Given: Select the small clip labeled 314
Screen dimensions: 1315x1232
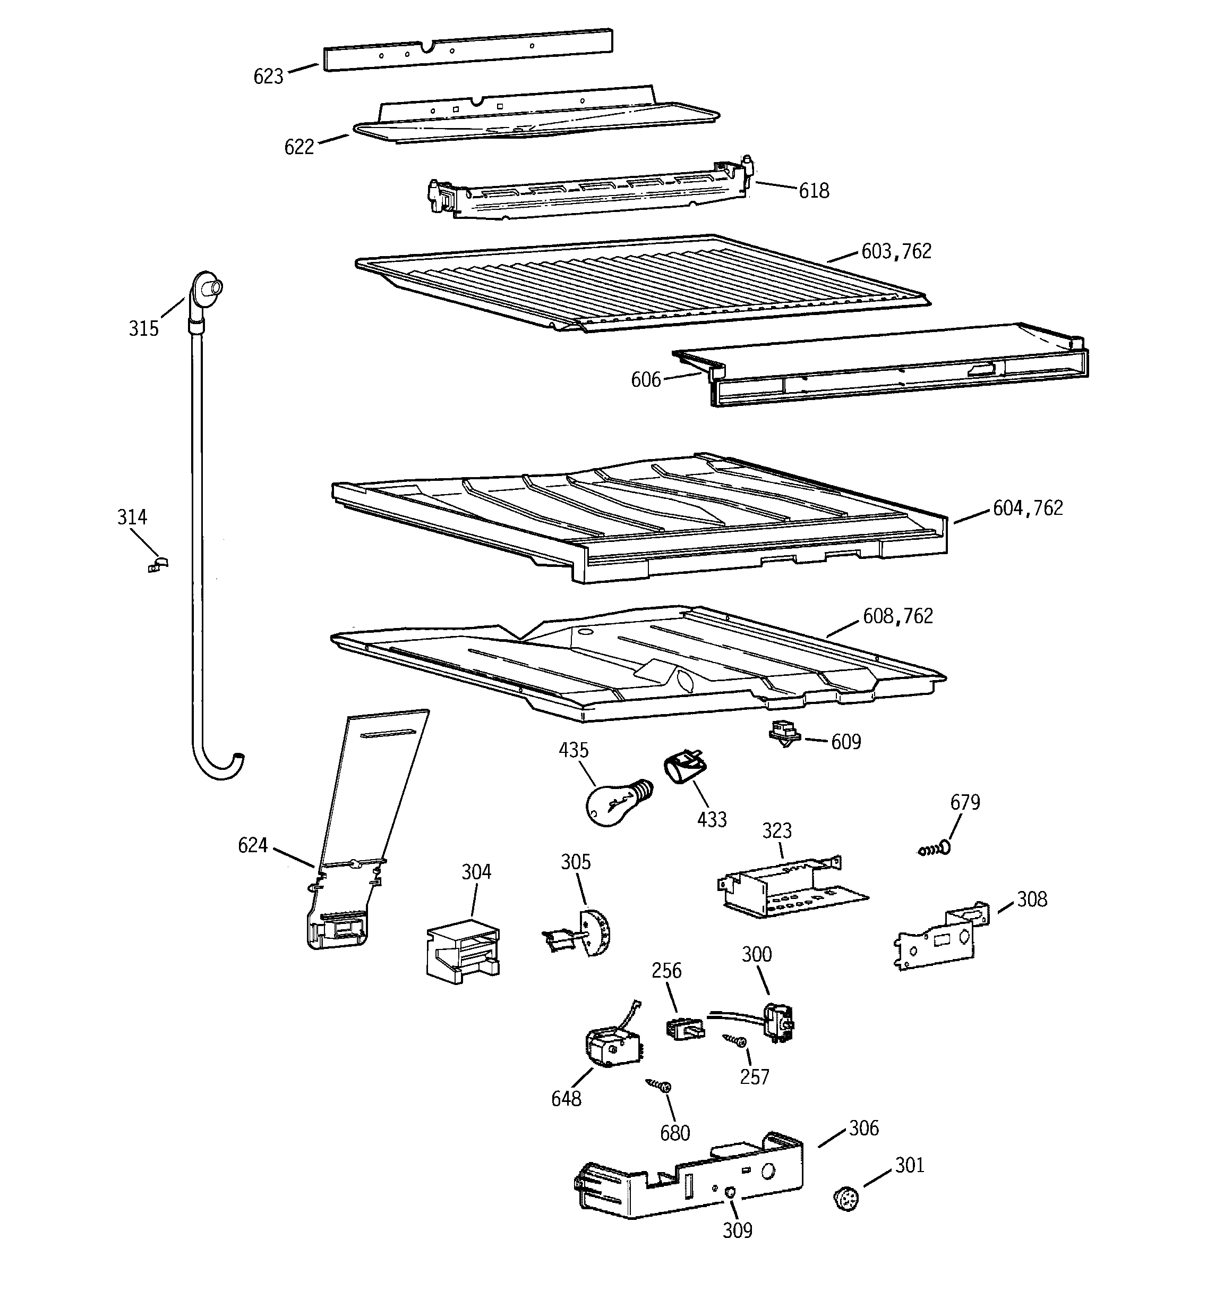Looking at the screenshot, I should (x=157, y=564).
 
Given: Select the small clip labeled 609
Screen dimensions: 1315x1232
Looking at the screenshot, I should (x=784, y=733).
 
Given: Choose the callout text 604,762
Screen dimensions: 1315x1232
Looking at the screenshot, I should (x=1028, y=508).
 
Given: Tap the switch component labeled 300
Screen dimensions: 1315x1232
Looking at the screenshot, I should (x=777, y=1022).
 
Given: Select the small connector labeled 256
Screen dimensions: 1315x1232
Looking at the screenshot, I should (x=683, y=1029).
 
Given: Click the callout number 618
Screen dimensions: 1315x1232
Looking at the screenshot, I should (x=814, y=191).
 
